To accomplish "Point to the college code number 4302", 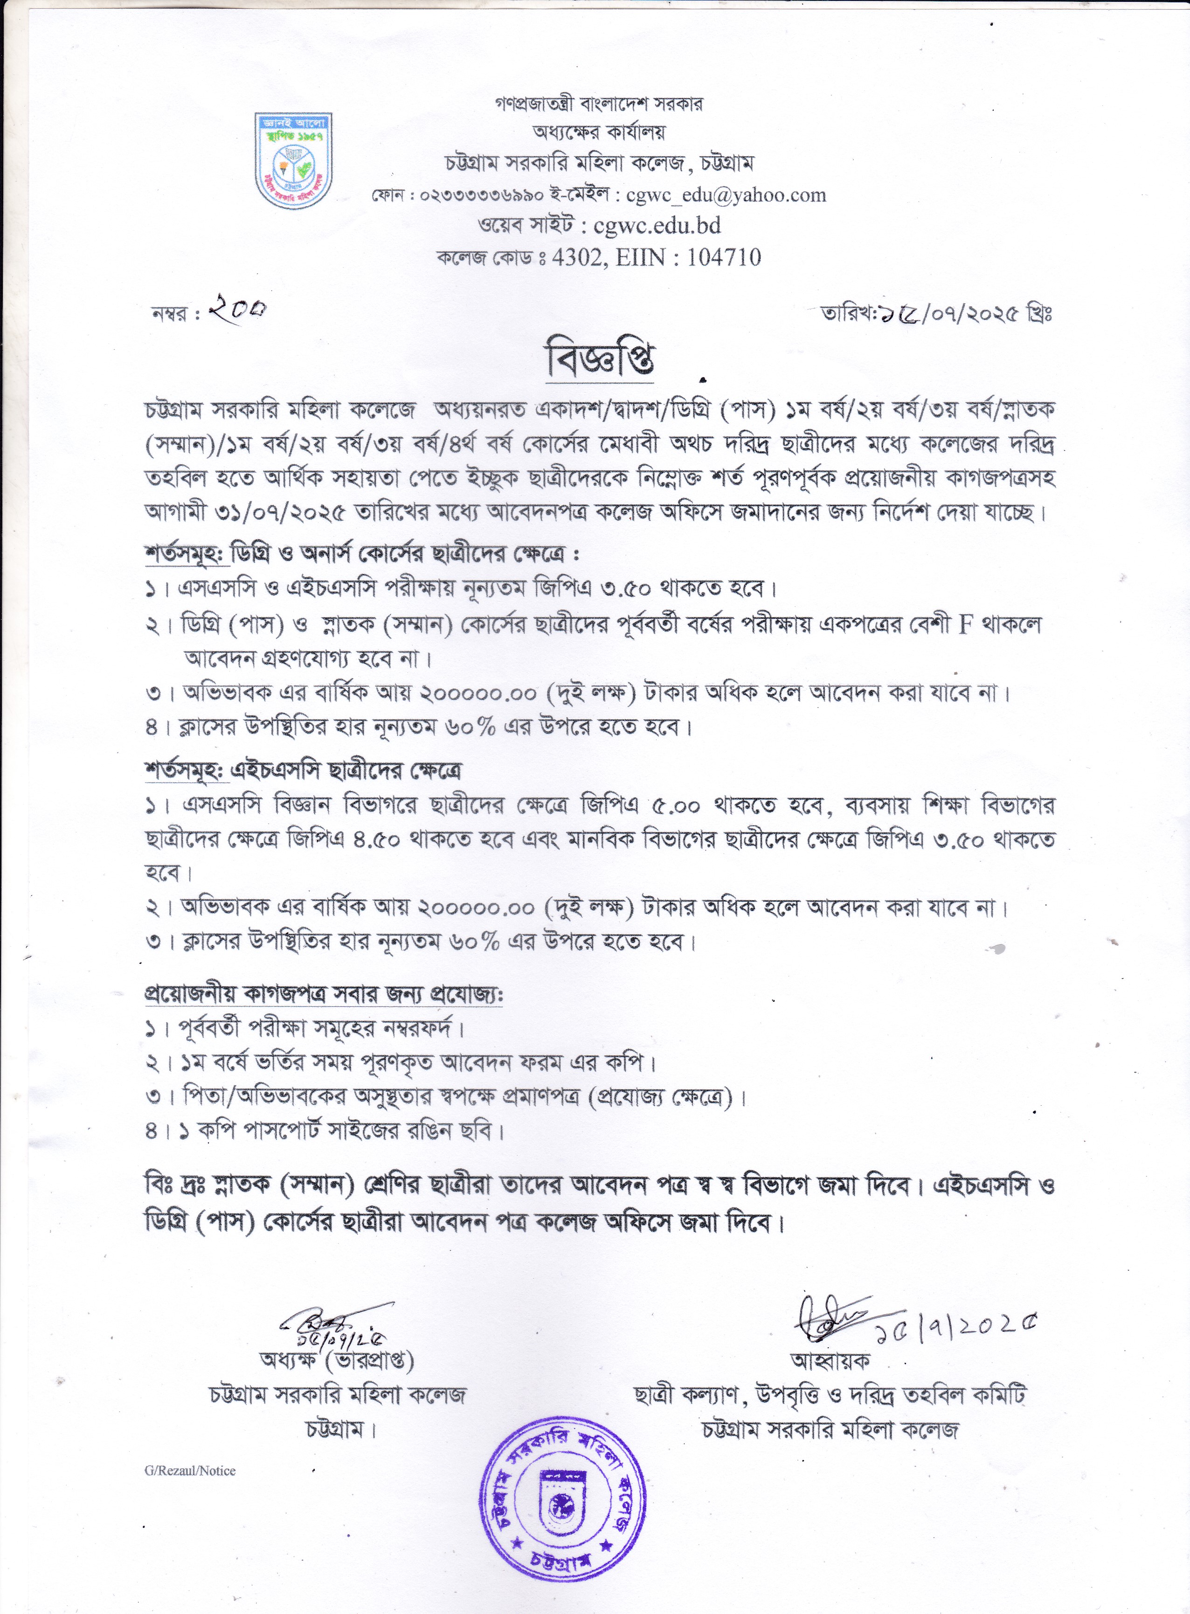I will point(575,257).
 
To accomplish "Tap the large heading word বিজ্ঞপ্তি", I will point(601,361).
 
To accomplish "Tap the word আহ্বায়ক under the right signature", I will point(830,1360).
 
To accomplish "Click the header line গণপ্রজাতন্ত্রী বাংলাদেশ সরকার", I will point(599,104).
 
